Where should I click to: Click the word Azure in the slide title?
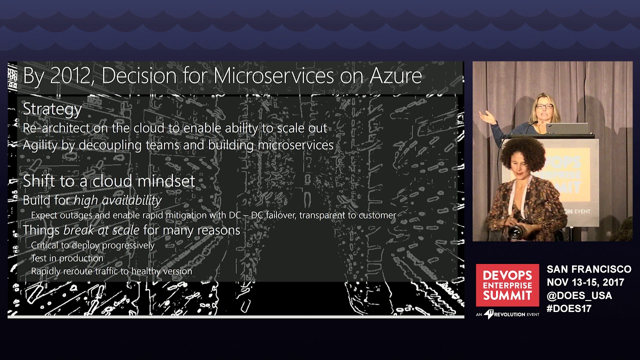tap(395, 76)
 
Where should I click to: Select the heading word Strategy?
tap(52, 109)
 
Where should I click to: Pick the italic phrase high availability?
tap(117, 200)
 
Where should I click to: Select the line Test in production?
tap(67, 258)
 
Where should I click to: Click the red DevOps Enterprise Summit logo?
tap(507, 285)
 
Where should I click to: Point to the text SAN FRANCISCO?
tap(588, 269)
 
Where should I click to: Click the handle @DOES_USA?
tap(579, 295)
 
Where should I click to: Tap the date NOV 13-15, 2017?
tap(585, 282)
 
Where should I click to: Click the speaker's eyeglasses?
tap(544, 106)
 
